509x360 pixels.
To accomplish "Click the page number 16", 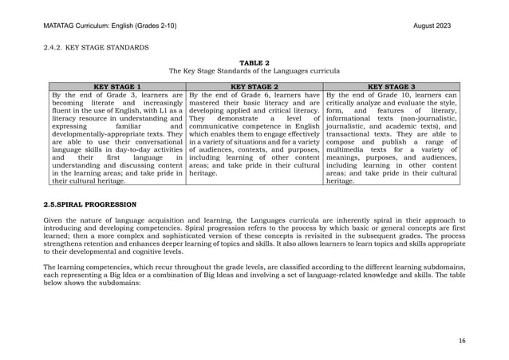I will (462, 340).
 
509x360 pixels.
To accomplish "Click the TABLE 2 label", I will (254, 62).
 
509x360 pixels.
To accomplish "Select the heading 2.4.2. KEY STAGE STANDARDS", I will (96, 48).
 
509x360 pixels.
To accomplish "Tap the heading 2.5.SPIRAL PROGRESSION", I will (89, 204).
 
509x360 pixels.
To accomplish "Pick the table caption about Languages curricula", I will (254, 71).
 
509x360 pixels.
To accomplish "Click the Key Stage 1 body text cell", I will (116, 137).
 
